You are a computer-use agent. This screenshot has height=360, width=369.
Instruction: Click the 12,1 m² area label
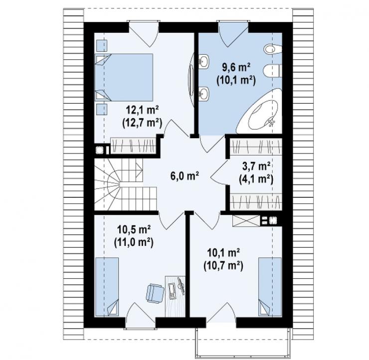pyautogui.click(x=142, y=110)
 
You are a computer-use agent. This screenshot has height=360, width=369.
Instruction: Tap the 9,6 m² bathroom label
pyautogui.click(x=236, y=68)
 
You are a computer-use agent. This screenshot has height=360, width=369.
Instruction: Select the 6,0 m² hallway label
pyautogui.click(x=184, y=176)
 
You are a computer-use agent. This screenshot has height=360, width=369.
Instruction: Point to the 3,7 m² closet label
pyautogui.click(x=256, y=167)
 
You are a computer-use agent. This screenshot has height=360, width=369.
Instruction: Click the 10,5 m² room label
pyautogui.click(x=134, y=229)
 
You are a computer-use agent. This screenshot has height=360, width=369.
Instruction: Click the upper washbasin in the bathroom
pyautogui.click(x=204, y=62)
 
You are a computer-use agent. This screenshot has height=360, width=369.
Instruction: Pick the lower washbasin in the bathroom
pyautogui.click(x=204, y=93)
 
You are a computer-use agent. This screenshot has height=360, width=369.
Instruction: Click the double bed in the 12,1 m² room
pyautogui.click(x=124, y=77)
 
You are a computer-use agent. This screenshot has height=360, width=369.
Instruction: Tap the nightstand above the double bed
pyautogui.click(x=102, y=46)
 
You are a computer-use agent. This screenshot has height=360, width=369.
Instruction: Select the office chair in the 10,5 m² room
pyautogui.click(x=155, y=293)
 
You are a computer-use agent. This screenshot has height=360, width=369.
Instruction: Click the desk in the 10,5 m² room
pyautogui.click(x=175, y=297)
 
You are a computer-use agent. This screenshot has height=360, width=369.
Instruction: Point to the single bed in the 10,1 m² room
pyautogui.click(x=270, y=287)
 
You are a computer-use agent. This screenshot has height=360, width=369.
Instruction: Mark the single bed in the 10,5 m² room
pyautogui.click(x=107, y=287)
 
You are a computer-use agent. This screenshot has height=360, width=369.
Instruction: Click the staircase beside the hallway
pyautogui.click(x=125, y=184)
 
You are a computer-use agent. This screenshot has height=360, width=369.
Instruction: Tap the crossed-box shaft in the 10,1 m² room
pyautogui.click(x=246, y=221)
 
